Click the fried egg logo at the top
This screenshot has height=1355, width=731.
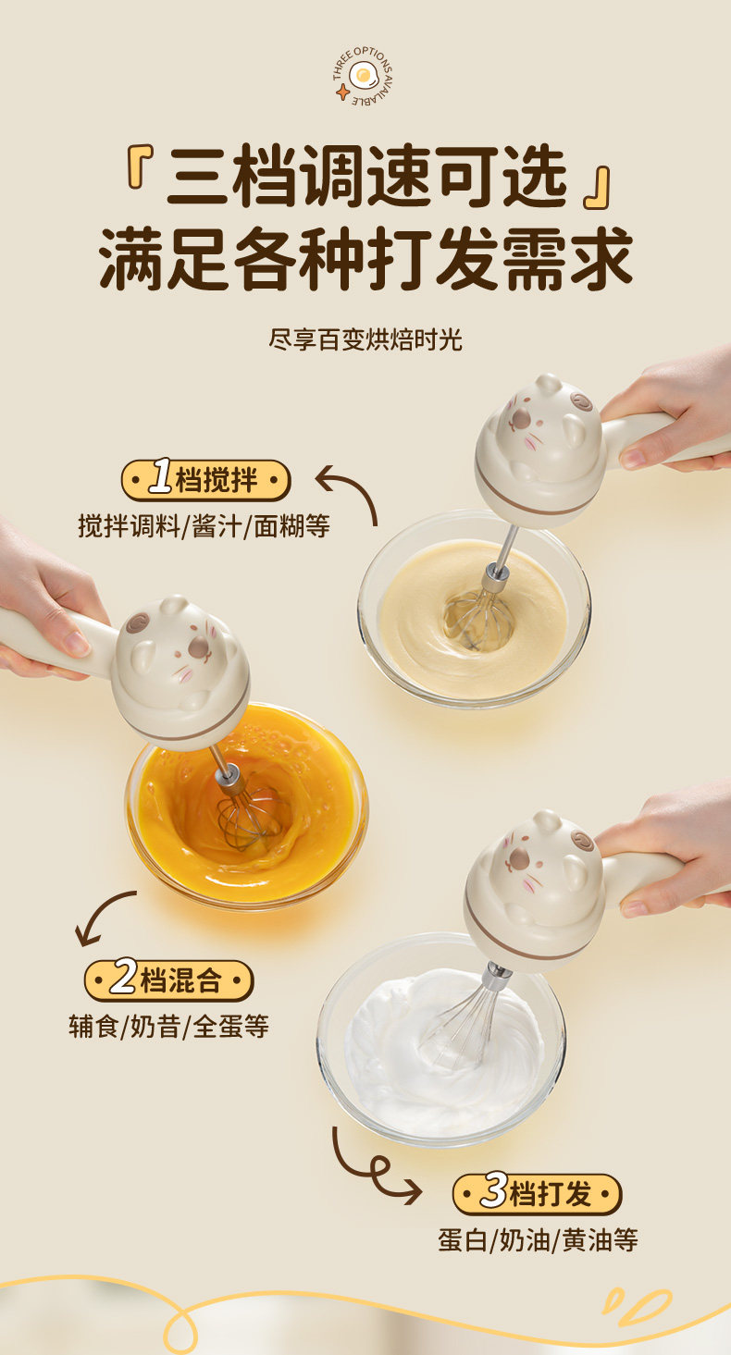point(363,76)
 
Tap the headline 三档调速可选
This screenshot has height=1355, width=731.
point(366,176)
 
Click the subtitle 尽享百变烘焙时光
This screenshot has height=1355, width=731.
point(365,339)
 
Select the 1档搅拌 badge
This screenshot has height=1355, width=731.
point(205,480)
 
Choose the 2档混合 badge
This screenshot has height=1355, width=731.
point(168,980)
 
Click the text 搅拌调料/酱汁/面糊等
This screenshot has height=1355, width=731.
point(204,525)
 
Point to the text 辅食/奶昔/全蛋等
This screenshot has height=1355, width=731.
point(168,1026)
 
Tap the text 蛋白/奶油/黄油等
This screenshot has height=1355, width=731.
point(538,1240)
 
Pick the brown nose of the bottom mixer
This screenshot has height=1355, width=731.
point(518,857)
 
